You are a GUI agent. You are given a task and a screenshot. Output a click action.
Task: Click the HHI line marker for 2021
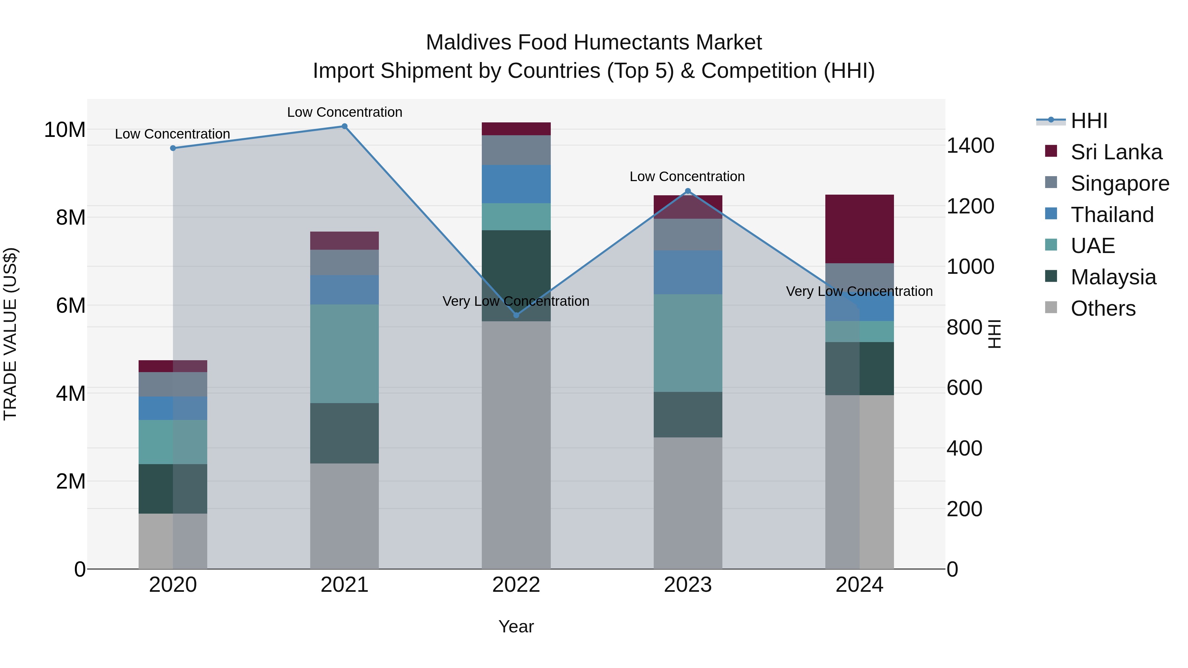point(344,126)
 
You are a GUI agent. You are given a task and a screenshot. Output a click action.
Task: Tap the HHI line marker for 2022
point(516,315)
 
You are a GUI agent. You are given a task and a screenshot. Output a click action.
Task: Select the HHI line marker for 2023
point(688,191)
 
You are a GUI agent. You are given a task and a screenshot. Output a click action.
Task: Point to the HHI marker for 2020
point(173,148)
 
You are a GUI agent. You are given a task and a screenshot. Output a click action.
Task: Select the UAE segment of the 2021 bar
point(344,354)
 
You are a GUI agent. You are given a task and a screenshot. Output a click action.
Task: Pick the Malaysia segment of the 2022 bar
point(516,276)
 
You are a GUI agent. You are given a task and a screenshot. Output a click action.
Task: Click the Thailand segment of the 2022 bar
point(516,184)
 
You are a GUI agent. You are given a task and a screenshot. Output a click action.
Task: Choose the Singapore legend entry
point(1119,183)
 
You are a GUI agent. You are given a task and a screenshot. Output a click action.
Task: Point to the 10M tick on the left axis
point(65,130)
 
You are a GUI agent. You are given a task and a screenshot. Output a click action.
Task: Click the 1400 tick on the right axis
point(970,146)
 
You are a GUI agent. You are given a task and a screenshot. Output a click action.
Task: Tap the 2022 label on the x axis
point(516,585)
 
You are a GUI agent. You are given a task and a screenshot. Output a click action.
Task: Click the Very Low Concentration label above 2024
point(859,291)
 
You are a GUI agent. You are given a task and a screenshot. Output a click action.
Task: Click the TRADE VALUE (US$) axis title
point(10,334)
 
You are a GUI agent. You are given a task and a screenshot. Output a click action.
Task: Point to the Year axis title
point(516,626)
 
